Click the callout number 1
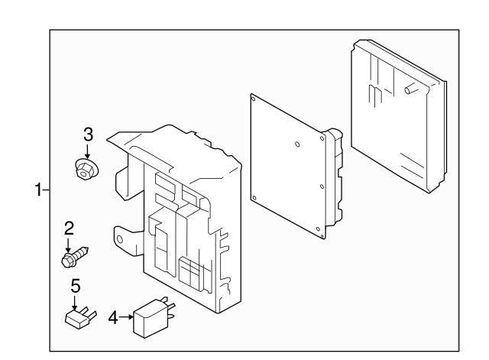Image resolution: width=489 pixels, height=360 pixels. point(38,190)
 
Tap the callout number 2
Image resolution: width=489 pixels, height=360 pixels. point(69,229)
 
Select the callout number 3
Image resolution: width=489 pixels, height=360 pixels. point(89,135)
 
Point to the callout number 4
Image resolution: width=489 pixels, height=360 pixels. point(113,317)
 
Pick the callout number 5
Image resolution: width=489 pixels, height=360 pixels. point(76,286)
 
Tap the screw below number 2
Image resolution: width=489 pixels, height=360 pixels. point(75,256)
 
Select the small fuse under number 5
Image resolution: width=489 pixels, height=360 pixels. point(80,317)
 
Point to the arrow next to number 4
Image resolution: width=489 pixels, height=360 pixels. point(127,317)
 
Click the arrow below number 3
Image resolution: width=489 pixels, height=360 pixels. point(87,151)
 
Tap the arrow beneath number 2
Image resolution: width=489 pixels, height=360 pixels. point(68,245)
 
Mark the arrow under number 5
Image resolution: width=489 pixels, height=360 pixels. point(75,303)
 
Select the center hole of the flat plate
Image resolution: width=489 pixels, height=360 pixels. point(297,144)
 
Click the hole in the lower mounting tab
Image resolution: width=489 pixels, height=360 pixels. point(120,239)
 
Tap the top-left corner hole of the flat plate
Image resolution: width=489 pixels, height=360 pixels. point(253,99)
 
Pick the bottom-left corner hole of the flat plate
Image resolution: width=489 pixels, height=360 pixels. point(254,198)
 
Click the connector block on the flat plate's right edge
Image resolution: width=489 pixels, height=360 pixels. point(334,177)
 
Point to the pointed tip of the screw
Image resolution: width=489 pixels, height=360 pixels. point(88,248)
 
